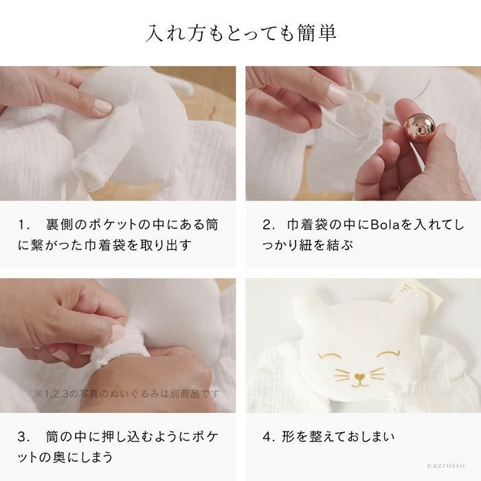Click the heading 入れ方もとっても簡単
pos(240,33)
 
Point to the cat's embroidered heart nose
pos(360,375)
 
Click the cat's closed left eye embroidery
pos(330,355)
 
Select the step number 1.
pos(23,225)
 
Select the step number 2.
pos(268,225)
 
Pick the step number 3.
pos(23,437)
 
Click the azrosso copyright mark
pos(446,465)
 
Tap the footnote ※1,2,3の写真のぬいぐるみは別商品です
pos(127,394)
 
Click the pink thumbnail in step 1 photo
pos(103,106)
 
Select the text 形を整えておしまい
pos(338,437)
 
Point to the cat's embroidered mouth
pos(360,383)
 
